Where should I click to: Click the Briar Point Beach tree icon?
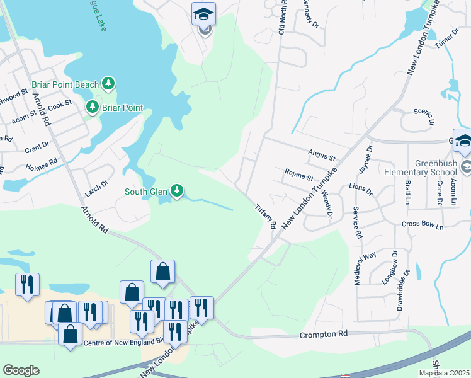click(x=108, y=83)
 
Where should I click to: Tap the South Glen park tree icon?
click(x=177, y=190)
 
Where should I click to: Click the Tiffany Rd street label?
click(x=266, y=216)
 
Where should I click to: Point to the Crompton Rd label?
click(x=324, y=333)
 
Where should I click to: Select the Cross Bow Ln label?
click(x=423, y=225)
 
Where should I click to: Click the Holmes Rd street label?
click(x=42, y=164)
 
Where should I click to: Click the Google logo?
click(x=21, y=370)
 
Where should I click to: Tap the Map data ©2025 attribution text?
click(x=444, y=373)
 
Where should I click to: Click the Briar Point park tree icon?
click(x=93, y=107)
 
